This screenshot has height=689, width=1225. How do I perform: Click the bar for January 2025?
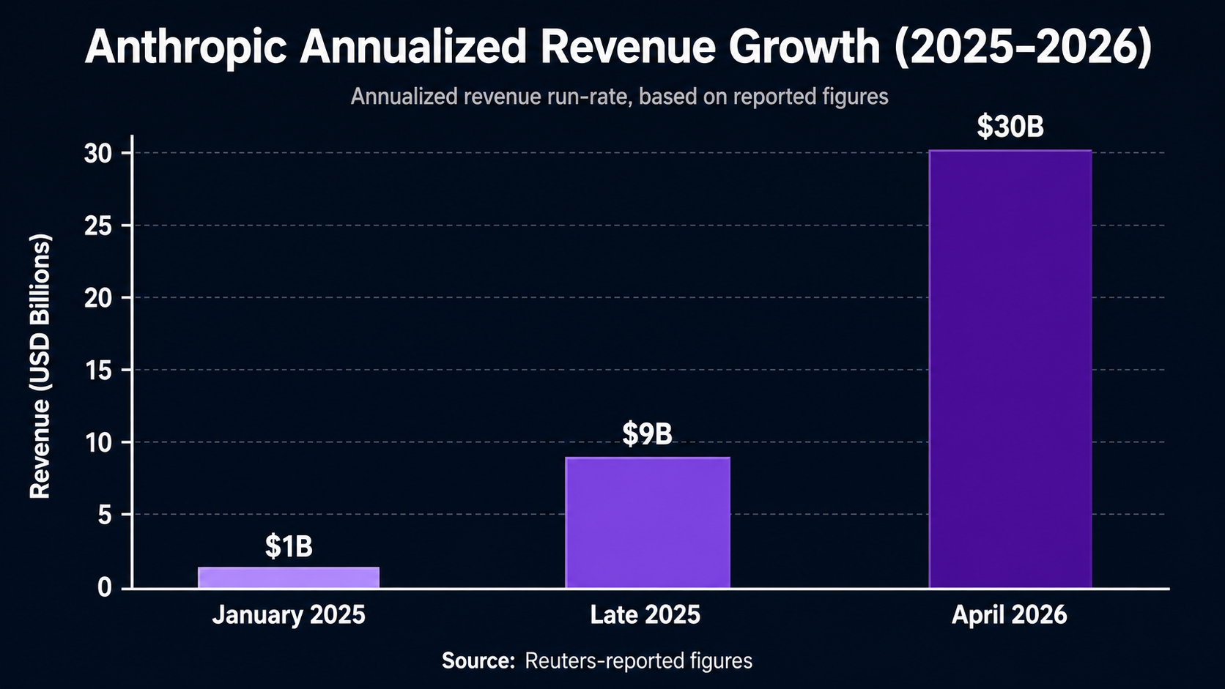coord(289,577)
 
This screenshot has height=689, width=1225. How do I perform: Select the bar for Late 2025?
coord(648,522)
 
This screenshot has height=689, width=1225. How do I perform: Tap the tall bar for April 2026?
coord(1010,369)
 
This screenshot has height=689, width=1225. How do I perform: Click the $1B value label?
coord(289,546)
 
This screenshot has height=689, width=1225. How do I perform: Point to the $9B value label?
coord(647,433)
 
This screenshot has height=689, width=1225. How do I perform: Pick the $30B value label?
coord(1010,127)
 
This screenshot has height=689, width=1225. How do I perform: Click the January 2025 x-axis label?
coord(289,614)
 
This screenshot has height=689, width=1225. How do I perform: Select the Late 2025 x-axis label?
coord(645,614)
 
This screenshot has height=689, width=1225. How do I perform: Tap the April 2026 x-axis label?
coord(1009,614)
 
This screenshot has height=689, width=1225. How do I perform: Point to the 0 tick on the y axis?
coord(104,588)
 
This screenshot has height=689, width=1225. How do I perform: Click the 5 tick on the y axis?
coord(104,515)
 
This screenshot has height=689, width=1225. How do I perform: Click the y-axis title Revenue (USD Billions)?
coord(40,366)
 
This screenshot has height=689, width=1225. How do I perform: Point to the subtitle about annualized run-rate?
coord(619,97)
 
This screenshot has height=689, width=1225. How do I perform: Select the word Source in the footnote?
coord(477,661)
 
